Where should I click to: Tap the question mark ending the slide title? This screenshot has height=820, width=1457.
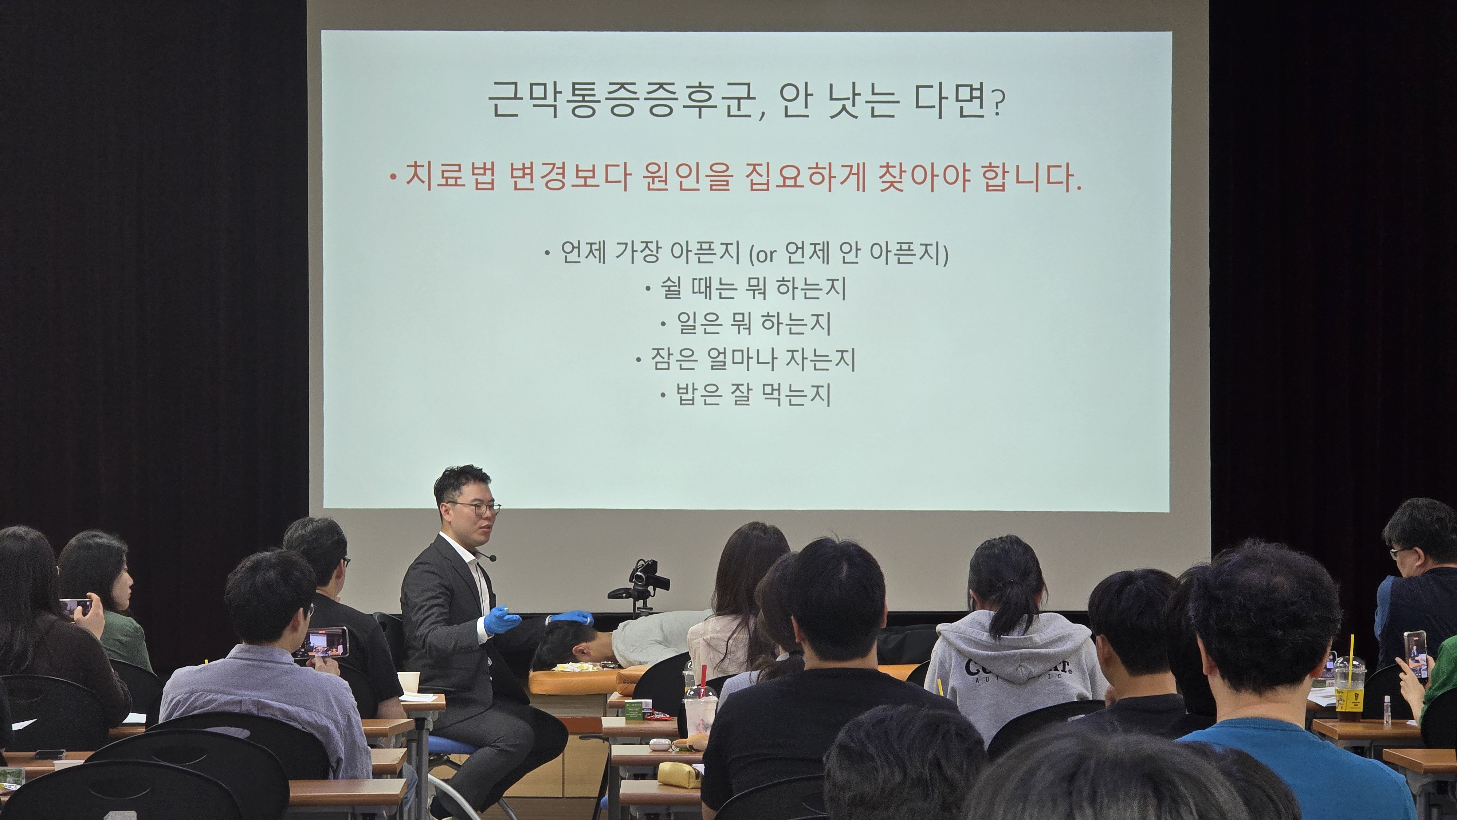tap(997, 105)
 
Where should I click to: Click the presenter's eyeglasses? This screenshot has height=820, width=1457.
tap(475, 507)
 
